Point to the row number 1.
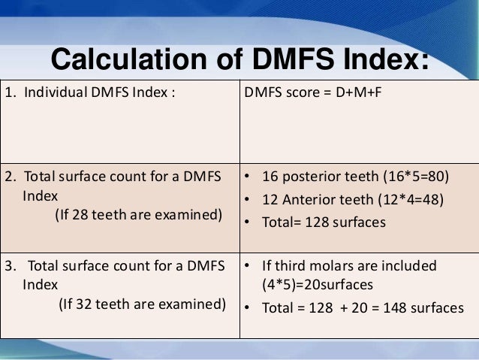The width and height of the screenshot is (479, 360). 9,94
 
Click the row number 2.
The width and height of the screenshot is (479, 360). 9,177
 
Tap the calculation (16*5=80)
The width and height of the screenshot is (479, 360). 412,177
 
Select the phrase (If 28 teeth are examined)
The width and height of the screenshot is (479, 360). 139,216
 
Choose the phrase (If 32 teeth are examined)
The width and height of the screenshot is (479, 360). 143,305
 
